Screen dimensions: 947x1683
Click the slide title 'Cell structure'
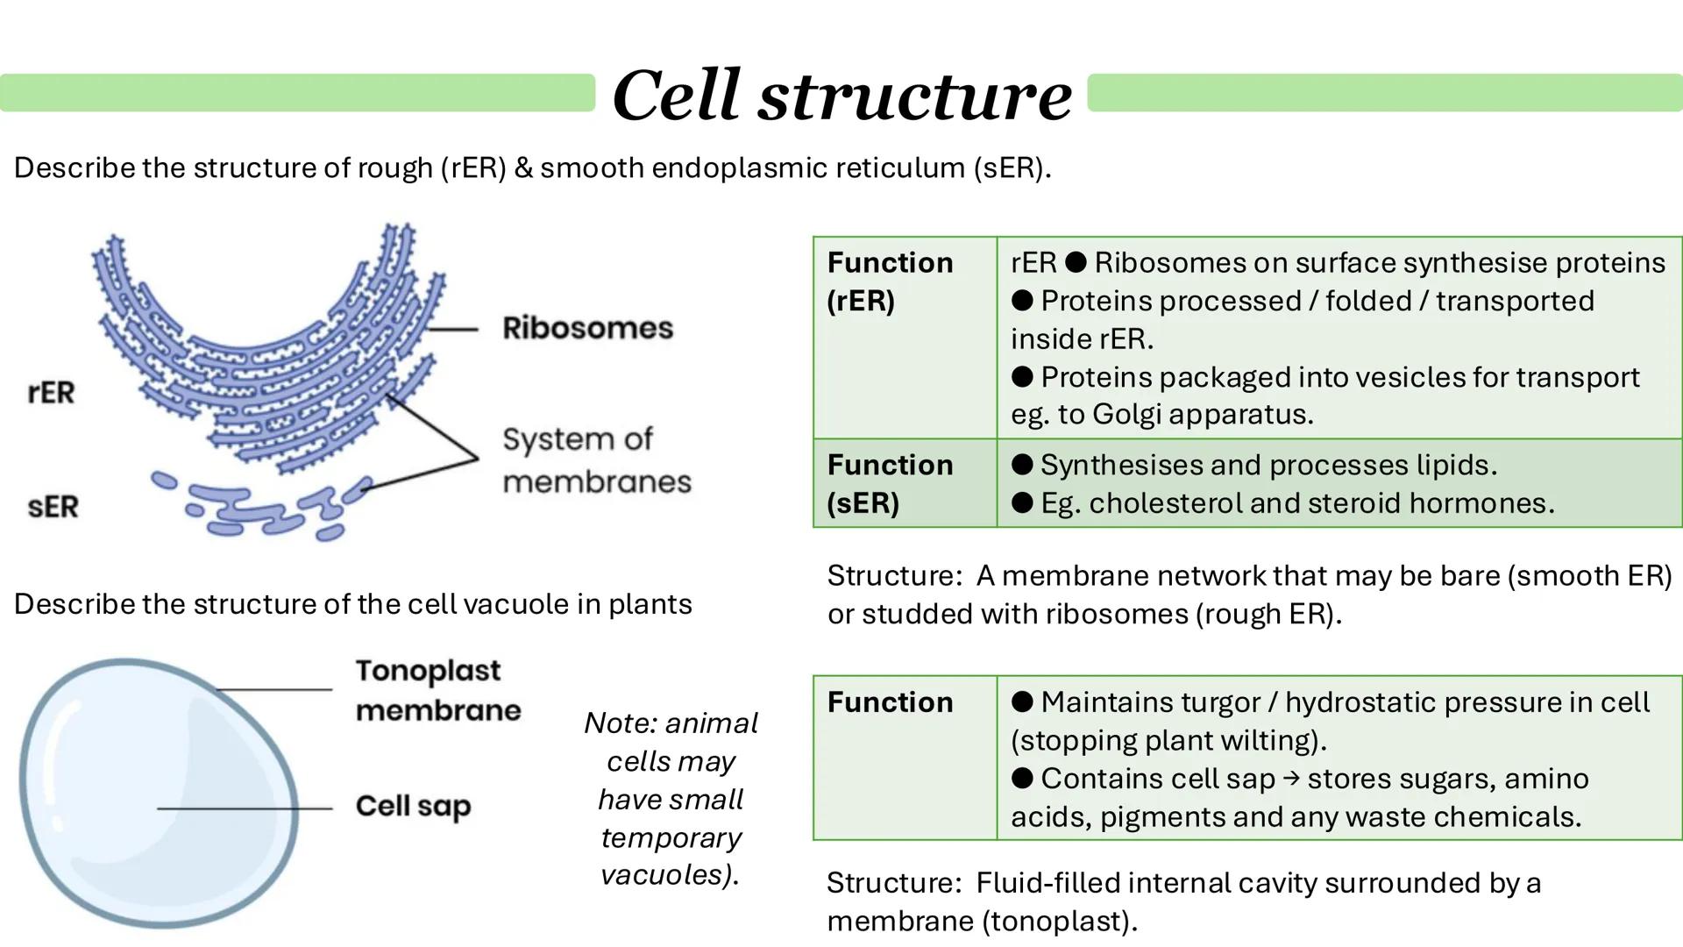[841, 95]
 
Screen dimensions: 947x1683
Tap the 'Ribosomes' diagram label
[587, 328]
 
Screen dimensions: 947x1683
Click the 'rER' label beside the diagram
[51, 392]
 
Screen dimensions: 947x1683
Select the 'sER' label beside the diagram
[53, 506]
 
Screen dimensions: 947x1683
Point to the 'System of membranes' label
[596, 459]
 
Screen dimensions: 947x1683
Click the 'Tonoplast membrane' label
[437, 690]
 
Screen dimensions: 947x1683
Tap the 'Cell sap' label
[413, 806]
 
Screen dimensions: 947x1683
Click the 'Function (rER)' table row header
[890, 281]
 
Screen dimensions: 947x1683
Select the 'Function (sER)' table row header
[890, 483]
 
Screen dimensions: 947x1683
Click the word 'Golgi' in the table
[1126, 414]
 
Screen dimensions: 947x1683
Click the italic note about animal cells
[671, 798]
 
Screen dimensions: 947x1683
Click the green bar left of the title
[298, 93]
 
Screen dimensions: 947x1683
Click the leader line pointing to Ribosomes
[452, 330]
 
